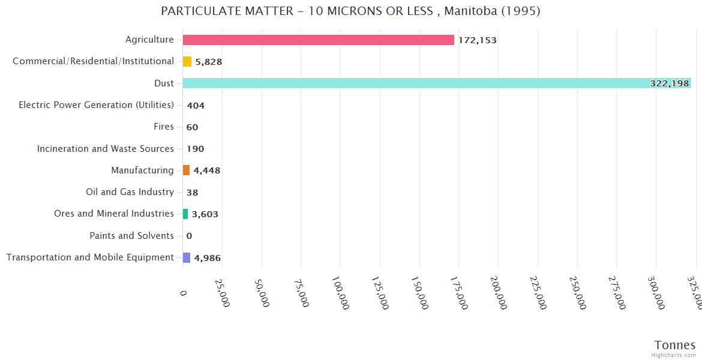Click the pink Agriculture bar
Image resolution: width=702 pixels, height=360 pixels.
[x=318, y=40]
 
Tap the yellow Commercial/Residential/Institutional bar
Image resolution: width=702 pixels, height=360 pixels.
[x=187, y=61]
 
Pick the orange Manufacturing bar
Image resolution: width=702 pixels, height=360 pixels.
[x=186, y=170]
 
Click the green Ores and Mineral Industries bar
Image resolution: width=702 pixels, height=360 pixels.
[x=185, y=214]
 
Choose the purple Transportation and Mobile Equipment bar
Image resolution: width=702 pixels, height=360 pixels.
[x=187, y=257]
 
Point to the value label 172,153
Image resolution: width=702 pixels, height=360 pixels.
[x=477, y=40]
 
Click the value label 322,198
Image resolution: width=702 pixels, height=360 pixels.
[x=669, y=83]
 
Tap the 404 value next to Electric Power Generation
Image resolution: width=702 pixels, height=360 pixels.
[x=196, y=106]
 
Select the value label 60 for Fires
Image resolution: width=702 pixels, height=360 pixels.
[x=192, y=127]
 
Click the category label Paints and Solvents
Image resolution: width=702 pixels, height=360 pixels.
[x=131, y=236]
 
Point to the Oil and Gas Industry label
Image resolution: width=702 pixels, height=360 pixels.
[x=130, y=192]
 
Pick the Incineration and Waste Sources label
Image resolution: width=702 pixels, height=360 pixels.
[x=106, y=149]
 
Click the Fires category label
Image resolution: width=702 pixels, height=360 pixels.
[x=163, y=127]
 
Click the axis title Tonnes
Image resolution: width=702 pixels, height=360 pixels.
[x=674, y=345]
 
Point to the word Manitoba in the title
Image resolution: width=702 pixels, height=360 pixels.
[x=470, y=11]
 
